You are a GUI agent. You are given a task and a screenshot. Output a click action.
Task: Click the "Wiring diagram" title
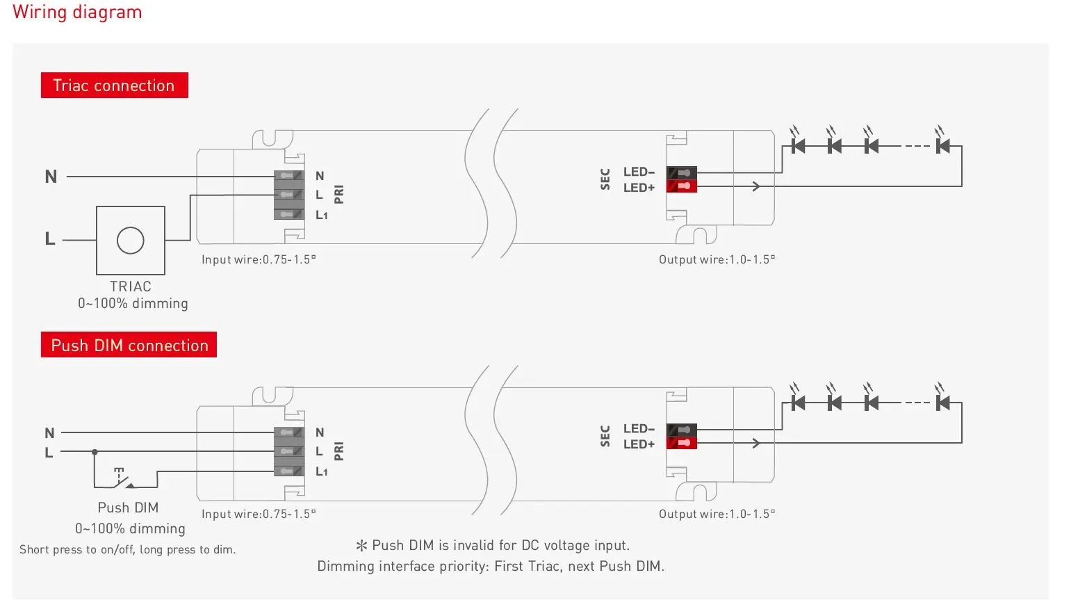tap(77, 13)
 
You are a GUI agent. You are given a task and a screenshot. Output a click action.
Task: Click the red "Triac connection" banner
tap(115, 85)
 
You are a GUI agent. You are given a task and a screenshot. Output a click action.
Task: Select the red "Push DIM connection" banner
tap(129, 344)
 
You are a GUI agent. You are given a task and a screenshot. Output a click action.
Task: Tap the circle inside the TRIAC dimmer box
tap(131, 240)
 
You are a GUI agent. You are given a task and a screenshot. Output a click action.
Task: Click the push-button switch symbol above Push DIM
tap(124, 479)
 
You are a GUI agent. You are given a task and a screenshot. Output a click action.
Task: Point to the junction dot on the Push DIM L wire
tap(95, 451)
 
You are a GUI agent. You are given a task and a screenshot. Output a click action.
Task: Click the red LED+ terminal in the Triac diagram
tap(682, 186)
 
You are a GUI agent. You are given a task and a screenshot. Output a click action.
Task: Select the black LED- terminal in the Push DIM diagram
tap(682, 430)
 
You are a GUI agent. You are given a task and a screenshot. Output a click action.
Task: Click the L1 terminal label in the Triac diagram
tap(321, 216)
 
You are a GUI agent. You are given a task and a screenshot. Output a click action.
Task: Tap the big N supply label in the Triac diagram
tap(51, 177)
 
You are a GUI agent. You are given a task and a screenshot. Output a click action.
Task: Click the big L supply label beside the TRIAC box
tap(50, 238)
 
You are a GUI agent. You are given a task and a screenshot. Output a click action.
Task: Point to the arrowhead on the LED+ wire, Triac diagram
tap(756, 186)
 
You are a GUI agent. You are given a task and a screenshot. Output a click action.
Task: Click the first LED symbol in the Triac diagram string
tap(797, 142)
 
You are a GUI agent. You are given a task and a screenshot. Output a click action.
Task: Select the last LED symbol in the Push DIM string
tap(942, 399)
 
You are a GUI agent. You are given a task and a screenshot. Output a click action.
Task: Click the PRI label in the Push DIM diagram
tap(339, 451)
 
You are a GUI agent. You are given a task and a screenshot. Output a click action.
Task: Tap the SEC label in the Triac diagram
tap(605, 179)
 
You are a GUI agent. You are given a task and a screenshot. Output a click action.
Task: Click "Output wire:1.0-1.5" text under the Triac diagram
tap(717, 259)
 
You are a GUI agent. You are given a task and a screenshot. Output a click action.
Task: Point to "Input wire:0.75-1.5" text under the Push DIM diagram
tap(259, 514)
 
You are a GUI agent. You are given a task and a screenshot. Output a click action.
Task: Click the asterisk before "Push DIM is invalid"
tap(361, 545)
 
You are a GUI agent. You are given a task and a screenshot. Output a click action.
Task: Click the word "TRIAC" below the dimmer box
tap(131, 286)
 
